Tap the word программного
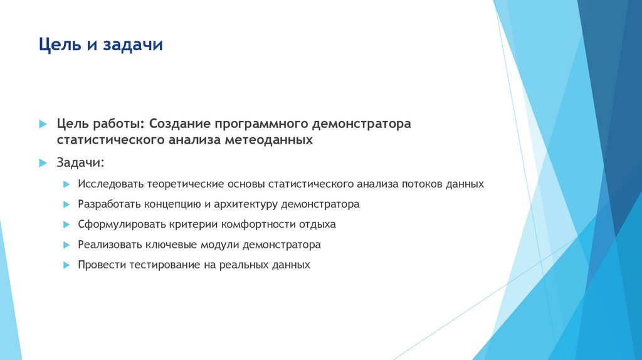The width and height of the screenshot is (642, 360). [264, 124]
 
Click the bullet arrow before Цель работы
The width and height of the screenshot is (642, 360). [43, 124]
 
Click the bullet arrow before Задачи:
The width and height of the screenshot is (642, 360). [43, 163]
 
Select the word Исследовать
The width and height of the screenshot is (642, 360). [111, 184]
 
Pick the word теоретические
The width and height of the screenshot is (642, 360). [183, 184]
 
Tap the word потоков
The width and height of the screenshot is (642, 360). [423, 184]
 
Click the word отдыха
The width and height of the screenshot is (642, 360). [317, 225]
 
